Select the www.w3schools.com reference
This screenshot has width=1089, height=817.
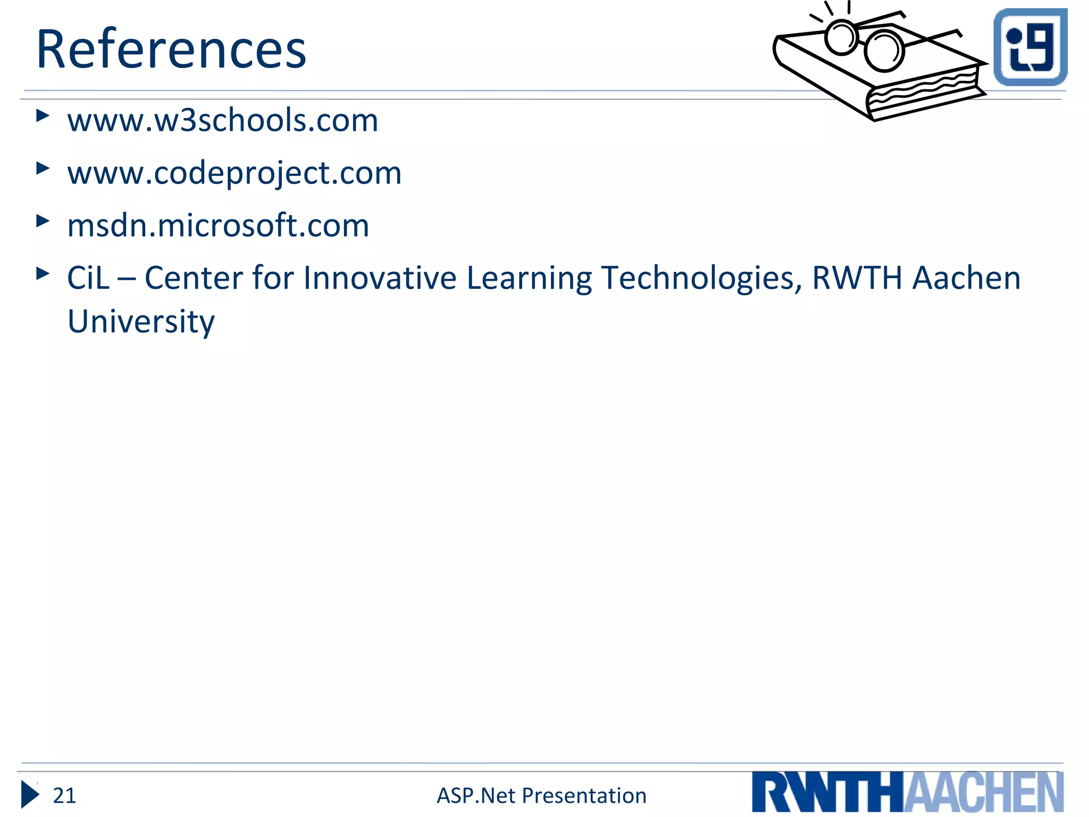(x=222, y=120)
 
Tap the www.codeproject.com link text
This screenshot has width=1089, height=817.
(x=234, y=173)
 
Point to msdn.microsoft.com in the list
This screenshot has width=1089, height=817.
(x=218, y=225)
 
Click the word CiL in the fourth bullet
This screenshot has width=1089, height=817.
(x=88, y=278)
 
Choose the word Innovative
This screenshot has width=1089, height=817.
(x=380, y=278)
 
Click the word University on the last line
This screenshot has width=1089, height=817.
(x=141, y=321)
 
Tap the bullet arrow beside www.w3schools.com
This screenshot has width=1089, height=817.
(x=43, y=115)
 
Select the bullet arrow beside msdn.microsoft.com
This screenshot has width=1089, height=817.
(x=43, y=221)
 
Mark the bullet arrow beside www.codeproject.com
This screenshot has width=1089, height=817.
(x=43, y=168)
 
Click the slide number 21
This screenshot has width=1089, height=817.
(x=64, y=796)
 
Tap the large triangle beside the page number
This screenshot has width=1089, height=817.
(x=30, y=795)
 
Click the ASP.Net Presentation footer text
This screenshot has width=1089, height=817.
(x=541, y=796)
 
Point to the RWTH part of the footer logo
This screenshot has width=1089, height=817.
(x=827, y=793)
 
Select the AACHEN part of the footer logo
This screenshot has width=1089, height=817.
(x=984, y=793)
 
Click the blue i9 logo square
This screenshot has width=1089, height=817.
(x=1031, y=47)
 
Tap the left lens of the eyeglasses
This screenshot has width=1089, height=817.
(x=841, y=37)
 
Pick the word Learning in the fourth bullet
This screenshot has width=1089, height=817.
(x=529, y=278)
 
